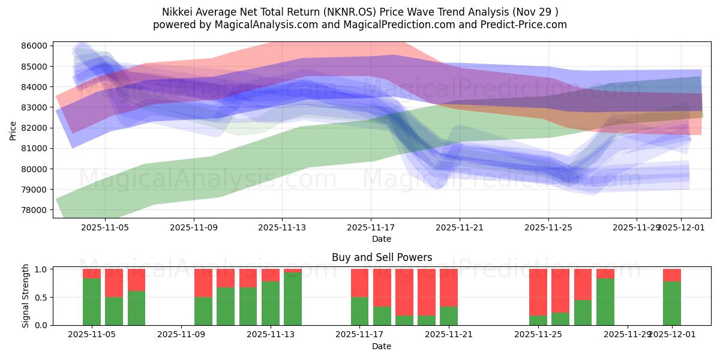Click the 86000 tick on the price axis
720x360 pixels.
click(35, 46)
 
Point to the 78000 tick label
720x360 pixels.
click(35, 210)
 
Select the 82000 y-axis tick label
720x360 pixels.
click(35, 128)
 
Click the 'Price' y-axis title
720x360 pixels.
click(13, 130)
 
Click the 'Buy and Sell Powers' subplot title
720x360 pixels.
click(382, 257)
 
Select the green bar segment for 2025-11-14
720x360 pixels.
click(293, 299)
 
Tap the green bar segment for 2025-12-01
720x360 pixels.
click(672, 303)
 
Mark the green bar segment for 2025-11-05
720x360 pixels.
click(92, 302)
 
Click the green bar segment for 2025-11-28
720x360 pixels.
click(605, 302)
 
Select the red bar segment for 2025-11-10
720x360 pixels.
click(203, 283)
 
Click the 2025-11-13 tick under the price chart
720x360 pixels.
click(282, 227)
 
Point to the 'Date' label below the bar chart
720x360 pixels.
click(382, 346)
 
